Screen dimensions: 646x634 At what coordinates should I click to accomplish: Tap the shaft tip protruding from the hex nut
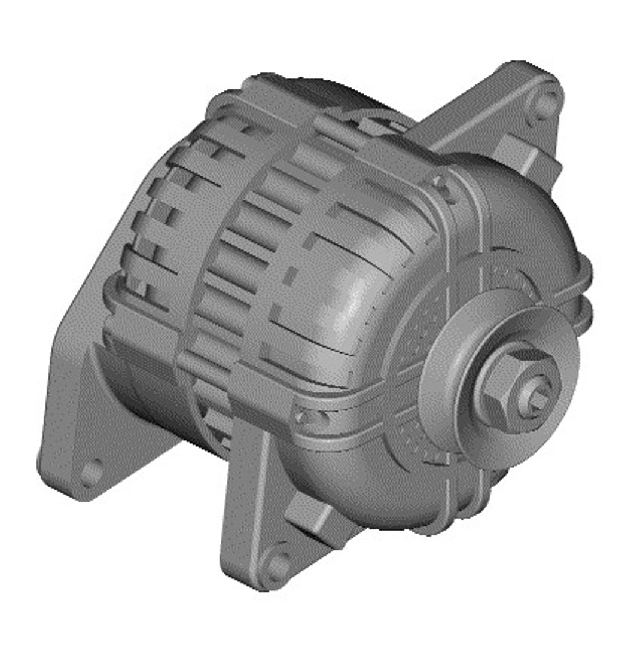537,400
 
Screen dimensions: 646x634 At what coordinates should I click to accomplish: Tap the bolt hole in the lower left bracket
92,471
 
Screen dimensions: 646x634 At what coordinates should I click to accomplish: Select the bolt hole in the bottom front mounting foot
277,565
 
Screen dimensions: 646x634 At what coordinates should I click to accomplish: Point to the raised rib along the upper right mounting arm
478,114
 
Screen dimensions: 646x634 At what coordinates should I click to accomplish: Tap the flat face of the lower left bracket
78,407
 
